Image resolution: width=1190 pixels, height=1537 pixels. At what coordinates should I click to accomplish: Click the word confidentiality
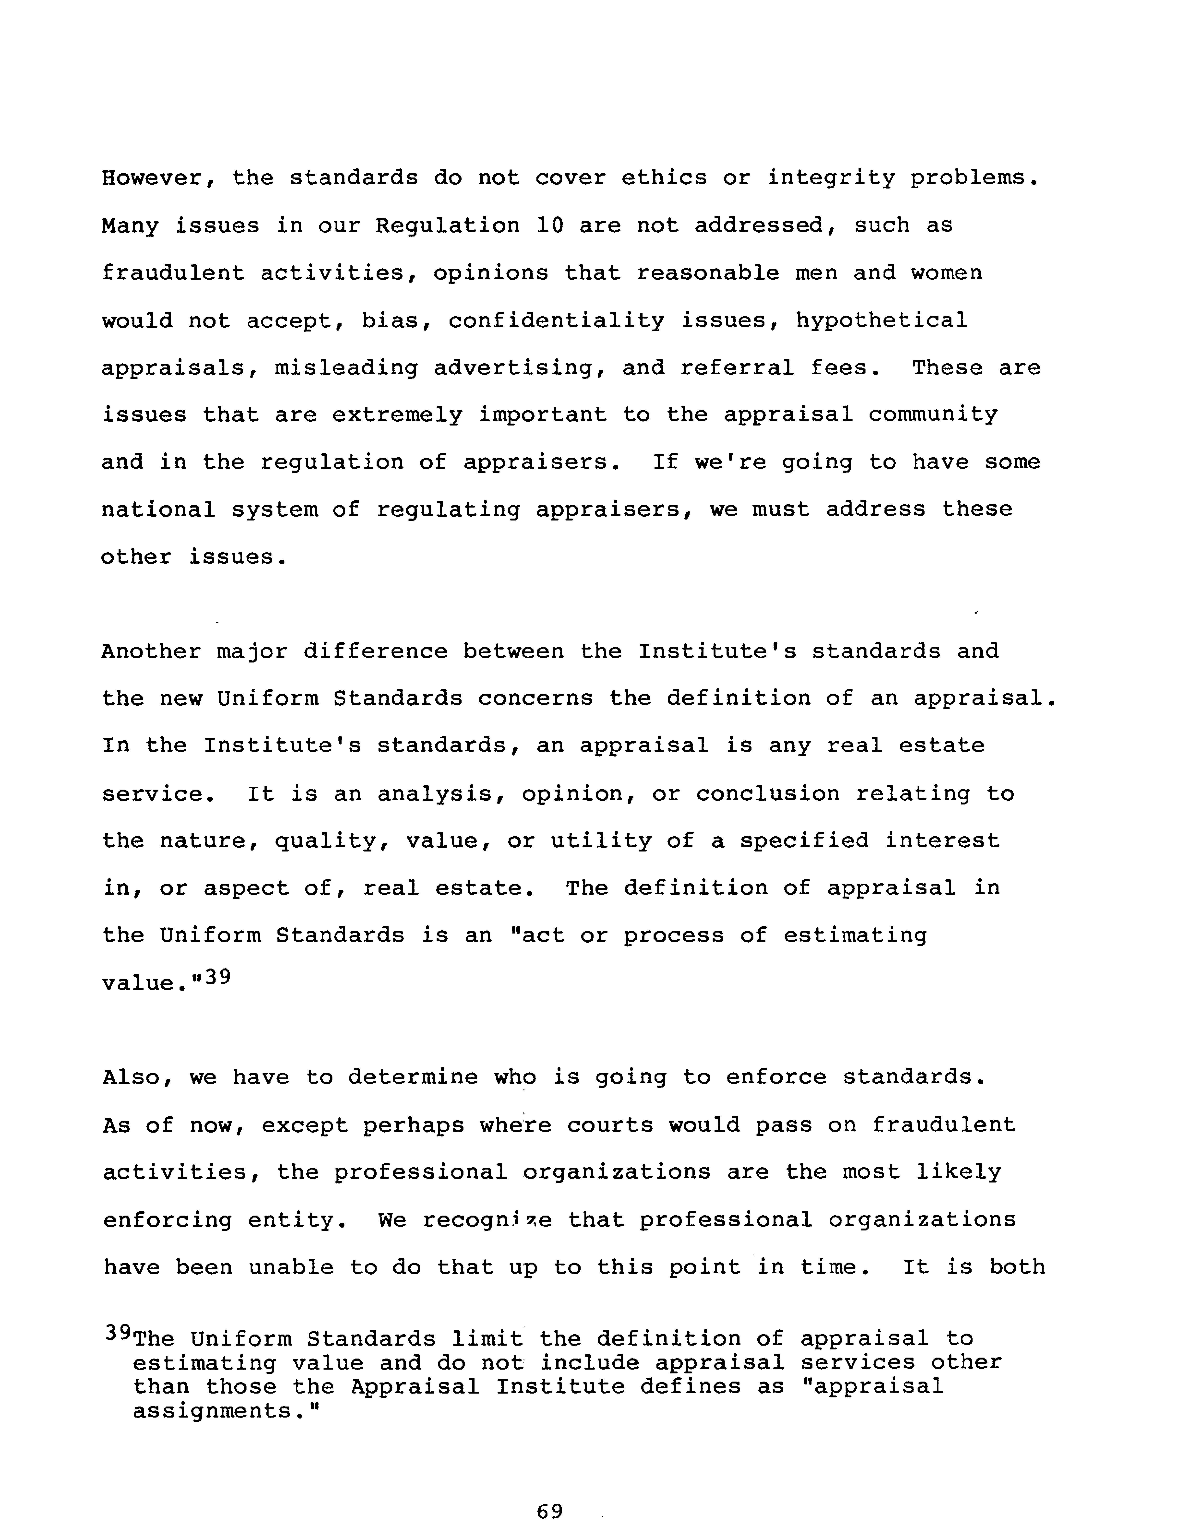[x=556, y=321]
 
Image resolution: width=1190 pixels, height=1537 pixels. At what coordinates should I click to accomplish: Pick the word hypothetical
[x=882, y=321]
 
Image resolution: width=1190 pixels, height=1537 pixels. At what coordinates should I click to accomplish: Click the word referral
[x=737, y=368]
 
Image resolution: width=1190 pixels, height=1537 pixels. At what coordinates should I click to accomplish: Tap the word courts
[x=610, y=1125]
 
